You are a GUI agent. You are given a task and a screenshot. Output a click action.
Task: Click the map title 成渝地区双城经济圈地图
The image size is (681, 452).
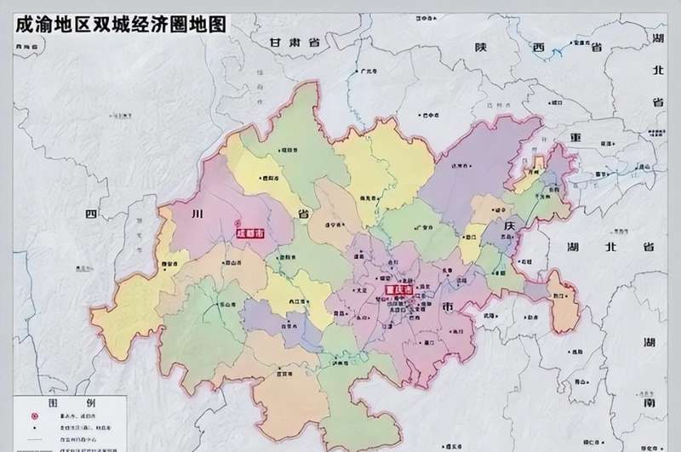pyautogui.click(x=120, y=23)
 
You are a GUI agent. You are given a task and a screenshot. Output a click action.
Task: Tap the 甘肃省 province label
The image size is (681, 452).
pyautogui.click(x=293, y=42)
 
